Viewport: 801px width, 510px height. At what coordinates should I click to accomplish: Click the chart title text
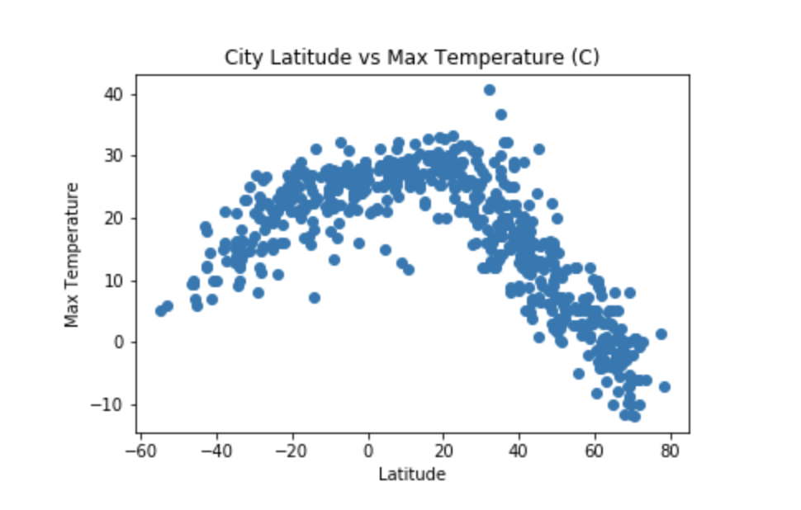point(412,57)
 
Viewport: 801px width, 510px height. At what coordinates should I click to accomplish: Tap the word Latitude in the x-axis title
point(412,475)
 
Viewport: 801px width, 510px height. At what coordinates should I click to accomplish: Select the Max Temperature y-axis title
point(73,254)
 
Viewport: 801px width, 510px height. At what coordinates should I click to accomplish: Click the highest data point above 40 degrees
point(489,90)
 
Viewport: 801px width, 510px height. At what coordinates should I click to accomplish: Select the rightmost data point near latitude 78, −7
point(664,386)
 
